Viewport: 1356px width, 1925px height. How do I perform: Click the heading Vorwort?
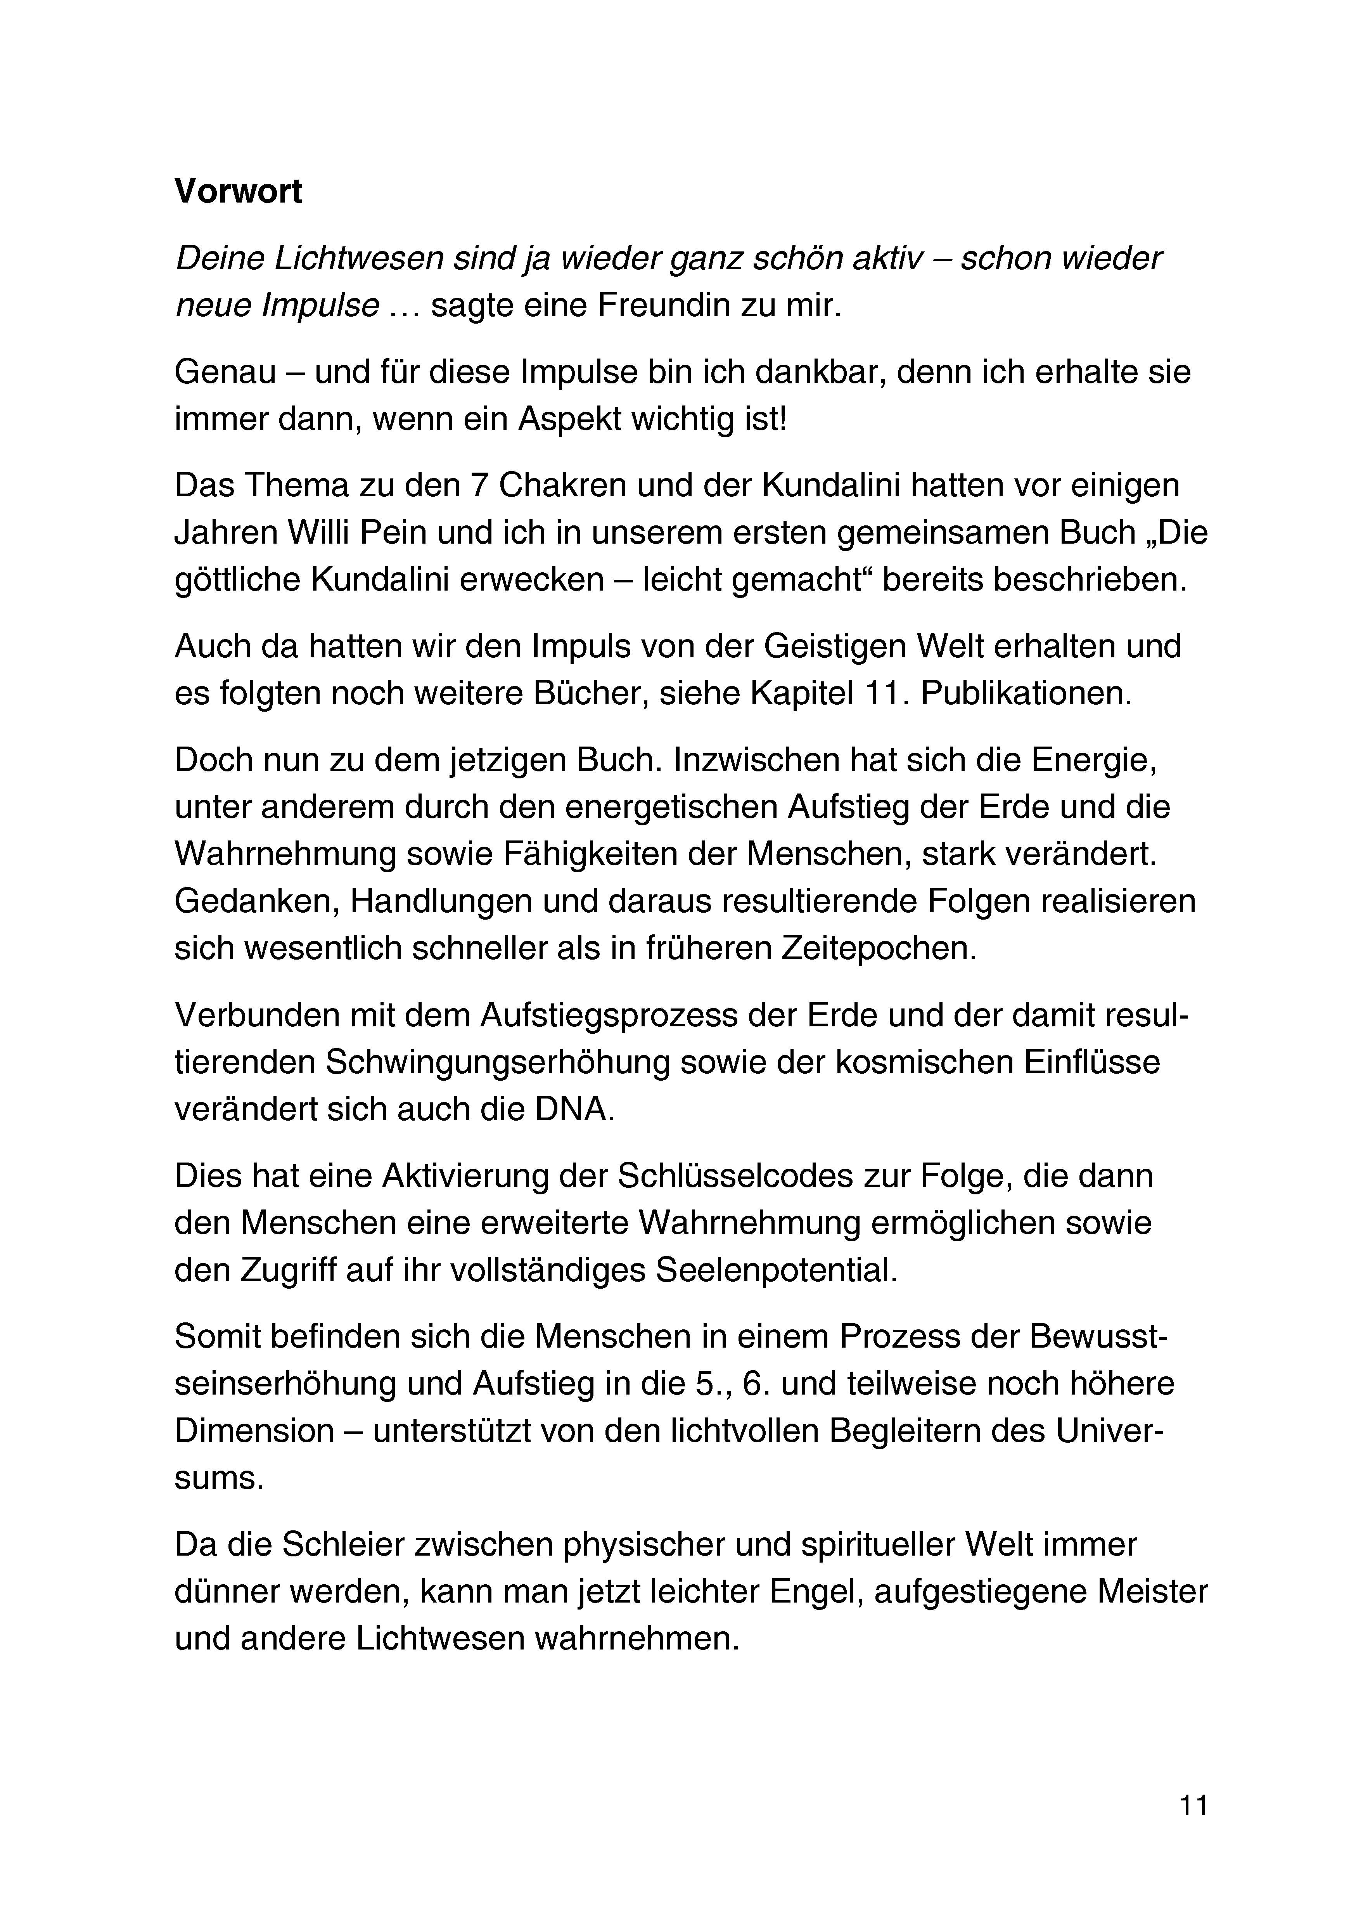[x=238, y=192]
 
